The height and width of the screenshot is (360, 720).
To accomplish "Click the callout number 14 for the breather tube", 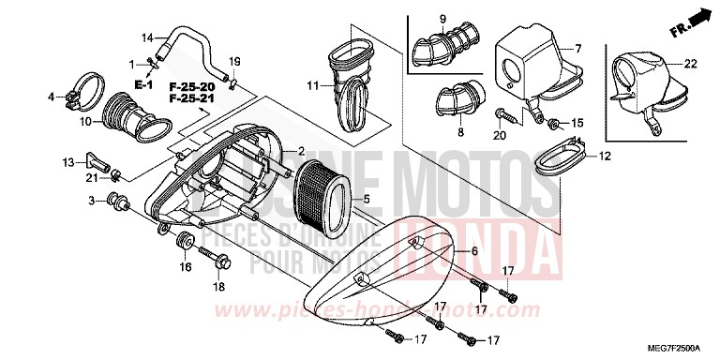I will click(146, 37).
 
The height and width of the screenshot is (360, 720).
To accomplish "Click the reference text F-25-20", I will click(187, 85).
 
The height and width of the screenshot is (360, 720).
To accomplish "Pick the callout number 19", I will click(235, 62).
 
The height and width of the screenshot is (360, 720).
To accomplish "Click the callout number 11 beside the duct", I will click(314, 86).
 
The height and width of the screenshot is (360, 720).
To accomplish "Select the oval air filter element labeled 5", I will click(322, 199).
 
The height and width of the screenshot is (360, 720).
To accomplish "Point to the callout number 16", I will click(186, 267).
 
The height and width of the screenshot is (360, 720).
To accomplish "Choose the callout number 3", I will click(92, 201).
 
